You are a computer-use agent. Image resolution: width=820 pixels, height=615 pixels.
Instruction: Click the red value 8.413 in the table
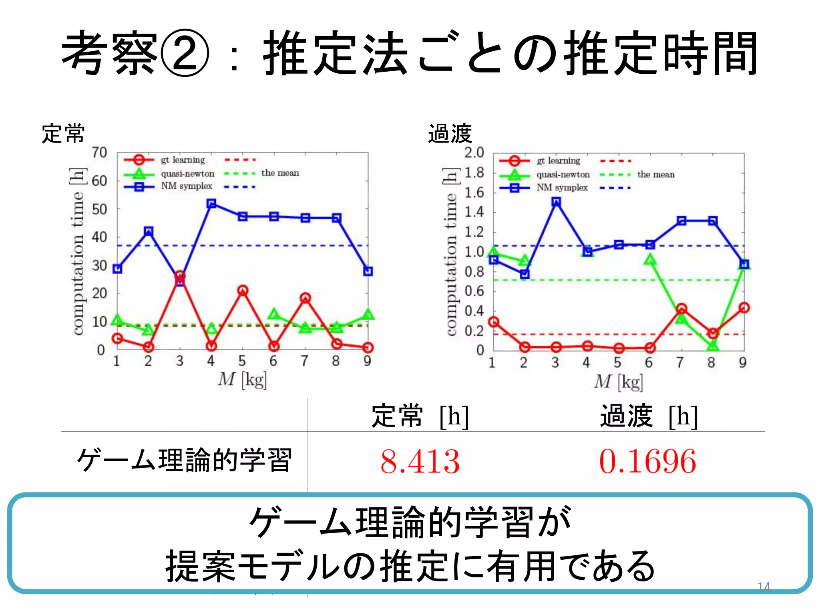click(420, 462)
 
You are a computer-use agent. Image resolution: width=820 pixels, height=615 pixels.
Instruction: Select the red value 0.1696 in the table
click(647, 462)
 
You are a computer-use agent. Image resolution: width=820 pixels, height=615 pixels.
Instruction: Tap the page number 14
click(764, 587)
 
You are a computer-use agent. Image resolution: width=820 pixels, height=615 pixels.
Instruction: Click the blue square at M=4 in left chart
click(211, 204)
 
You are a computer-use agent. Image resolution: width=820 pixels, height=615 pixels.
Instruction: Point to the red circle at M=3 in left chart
click(180, 276)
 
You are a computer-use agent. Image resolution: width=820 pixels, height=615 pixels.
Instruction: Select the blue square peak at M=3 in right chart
click(556, 202)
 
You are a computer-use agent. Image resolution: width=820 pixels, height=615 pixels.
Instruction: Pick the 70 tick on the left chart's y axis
click(99, 153)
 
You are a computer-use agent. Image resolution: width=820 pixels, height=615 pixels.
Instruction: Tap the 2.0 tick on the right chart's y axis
click(474, 153)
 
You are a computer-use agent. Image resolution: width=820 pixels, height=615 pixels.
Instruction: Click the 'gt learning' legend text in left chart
click(183, 160)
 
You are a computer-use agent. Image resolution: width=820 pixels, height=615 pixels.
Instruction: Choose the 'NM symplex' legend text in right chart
click(562, 188)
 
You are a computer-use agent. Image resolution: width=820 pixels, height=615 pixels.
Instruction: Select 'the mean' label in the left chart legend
click(280, 173)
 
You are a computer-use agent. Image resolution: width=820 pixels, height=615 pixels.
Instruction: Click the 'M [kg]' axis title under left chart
click(242, 379)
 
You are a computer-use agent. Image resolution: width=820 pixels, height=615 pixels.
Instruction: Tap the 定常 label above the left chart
click(63, 134)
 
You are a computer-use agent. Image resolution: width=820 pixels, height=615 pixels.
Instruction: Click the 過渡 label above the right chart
click(450, 134)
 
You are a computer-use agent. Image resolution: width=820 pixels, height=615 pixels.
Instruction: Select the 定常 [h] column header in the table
click(420, 416)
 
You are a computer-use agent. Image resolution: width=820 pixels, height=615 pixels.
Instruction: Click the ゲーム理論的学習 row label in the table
click(184, 460)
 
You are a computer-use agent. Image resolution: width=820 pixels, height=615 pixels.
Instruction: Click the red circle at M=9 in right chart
click(744, 307)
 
